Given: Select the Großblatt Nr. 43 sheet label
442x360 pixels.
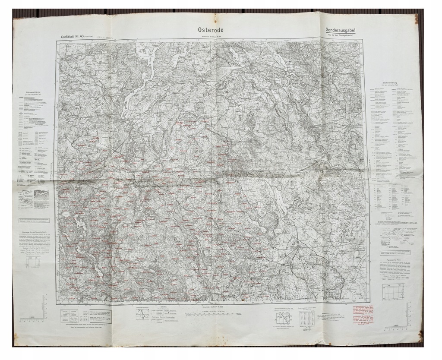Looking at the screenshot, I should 75,36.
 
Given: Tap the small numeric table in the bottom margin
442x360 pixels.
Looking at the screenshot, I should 306,318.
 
